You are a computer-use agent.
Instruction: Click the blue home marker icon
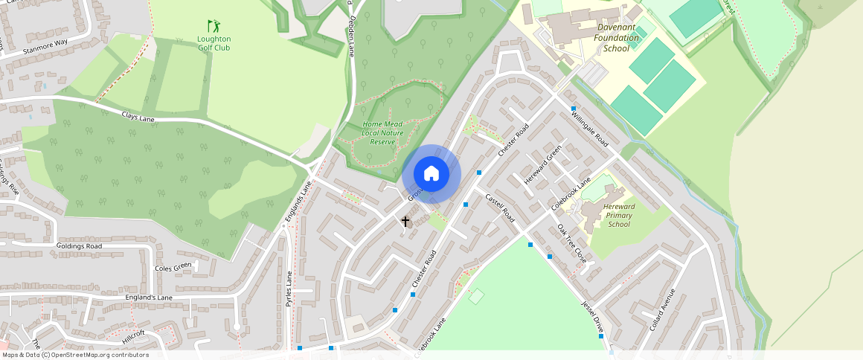pyautogui.click(x=431, y=174)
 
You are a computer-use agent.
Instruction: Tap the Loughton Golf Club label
pyautogui.click(x=214, y=43)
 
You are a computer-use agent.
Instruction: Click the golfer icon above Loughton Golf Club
pyautogui.click(x=214, y=26)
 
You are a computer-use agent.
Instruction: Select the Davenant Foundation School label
pyautogui.click(x=617, y=38)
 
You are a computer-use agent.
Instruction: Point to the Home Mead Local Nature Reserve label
pyautogui.click(x=382, y=132)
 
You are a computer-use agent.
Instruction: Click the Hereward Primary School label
pyautogui.click(x=619, y=215)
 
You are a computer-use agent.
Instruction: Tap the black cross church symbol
pyautogui.click(x=405, y=221)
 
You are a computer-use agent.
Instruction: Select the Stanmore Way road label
pyautogui.click(x=45, y=47)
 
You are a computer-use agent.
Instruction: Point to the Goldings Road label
pyautogui.click(x=79, y=245)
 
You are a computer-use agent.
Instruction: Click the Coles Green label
pyautogui.click(x=173, y=267)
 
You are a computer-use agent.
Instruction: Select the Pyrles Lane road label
pyautogui.click(x=290, y=289)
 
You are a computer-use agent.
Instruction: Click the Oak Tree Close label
pyautogui.click(x=572, y=245)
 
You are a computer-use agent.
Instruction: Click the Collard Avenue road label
pyautogui.click(x=661, y=309)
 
